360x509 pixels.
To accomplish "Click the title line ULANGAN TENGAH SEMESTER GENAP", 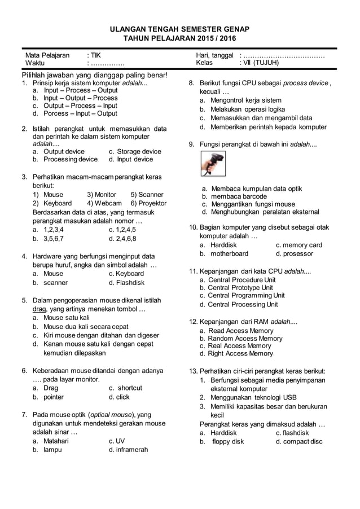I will (x=180, y=28).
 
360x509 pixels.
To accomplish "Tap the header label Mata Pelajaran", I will (x=47, y=55).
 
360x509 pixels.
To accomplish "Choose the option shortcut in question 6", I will (x=130, y=388).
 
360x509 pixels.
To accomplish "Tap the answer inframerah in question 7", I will (x=132, y=450).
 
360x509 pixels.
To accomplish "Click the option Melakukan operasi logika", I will (x=248, y=109).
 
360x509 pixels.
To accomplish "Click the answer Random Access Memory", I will (x=245, y=339).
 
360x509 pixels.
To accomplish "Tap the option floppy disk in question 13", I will (x=228, y=441).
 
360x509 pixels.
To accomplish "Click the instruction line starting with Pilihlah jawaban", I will (x=94, y=75).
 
